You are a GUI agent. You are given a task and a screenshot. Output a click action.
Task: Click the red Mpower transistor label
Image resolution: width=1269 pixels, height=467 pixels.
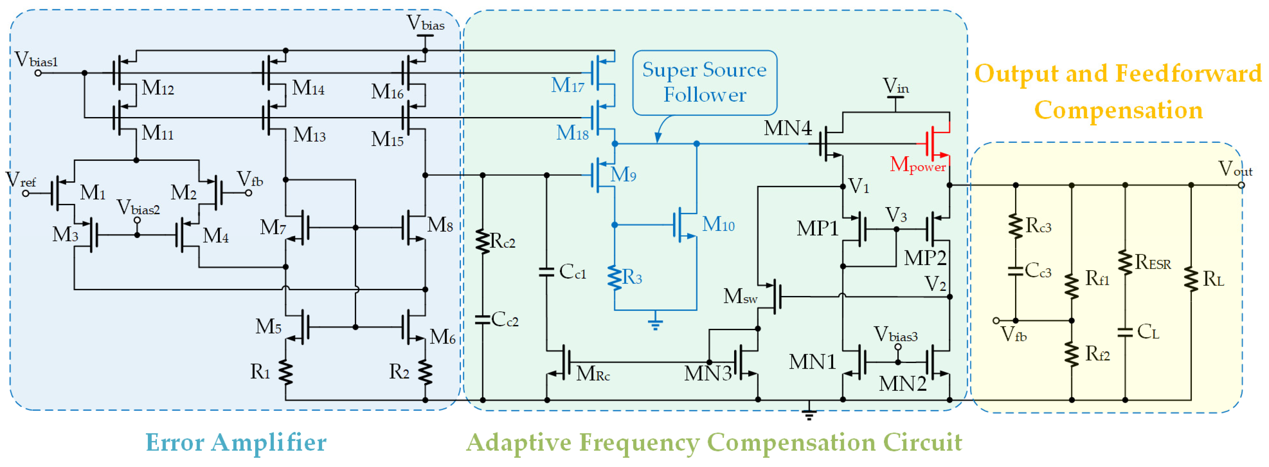click(917, 165)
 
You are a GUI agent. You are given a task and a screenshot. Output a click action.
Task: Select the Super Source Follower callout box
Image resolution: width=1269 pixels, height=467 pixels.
click(704, 83)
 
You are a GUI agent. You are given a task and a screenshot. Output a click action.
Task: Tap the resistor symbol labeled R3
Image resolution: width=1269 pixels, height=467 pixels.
click(614, 278)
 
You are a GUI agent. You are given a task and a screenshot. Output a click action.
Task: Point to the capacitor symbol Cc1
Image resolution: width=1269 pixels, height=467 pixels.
click(546, 272)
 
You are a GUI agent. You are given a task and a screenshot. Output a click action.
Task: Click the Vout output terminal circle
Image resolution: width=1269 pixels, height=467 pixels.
click(1241, 185)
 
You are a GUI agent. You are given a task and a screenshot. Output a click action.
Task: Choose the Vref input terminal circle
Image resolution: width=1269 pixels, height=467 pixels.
click(26, 193)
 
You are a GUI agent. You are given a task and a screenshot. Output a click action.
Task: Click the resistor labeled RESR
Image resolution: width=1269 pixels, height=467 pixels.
click(1125, 263)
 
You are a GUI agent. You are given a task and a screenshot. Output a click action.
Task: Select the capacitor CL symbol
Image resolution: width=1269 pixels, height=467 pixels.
click(1125, 332)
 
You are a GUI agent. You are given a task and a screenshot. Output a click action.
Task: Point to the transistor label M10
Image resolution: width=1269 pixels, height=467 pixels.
click(718, 225)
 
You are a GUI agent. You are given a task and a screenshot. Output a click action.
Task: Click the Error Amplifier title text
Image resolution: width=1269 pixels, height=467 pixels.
click(236, 442)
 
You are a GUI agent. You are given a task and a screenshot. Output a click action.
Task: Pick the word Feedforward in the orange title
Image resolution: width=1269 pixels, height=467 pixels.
click(1188, 74)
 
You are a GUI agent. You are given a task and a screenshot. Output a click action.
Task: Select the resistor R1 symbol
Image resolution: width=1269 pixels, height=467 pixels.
click(285, 372)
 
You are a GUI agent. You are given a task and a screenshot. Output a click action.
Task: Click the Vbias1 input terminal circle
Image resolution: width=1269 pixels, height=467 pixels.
click(38, 73)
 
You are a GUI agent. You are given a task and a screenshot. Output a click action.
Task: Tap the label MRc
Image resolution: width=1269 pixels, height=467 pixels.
click(593, 374)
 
